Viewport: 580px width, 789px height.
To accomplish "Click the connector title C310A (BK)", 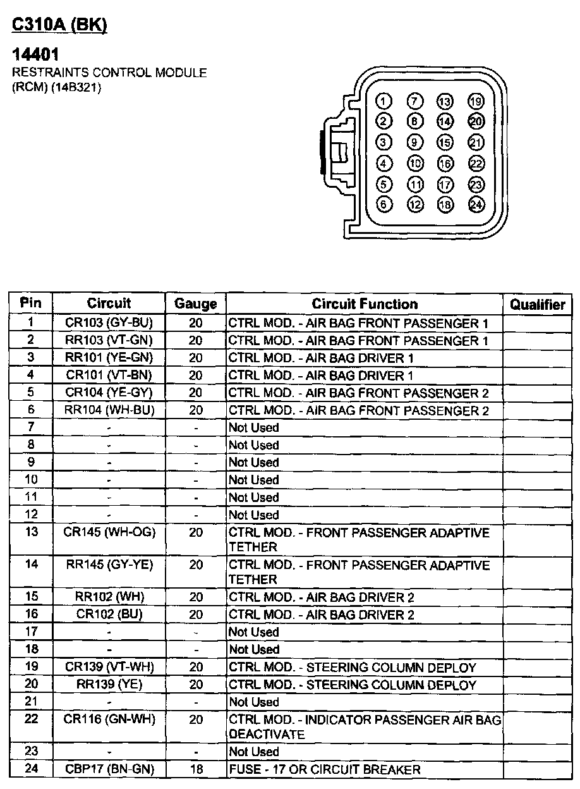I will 60,25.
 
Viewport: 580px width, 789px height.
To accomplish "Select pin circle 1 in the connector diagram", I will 384,101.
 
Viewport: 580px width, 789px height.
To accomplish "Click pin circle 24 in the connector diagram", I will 476,205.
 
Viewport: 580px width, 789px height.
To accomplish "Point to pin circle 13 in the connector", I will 445,101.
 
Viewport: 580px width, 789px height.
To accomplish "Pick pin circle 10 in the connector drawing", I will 414,163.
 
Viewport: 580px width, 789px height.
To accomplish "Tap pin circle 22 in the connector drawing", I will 476,163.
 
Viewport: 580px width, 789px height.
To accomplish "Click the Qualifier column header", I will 538,305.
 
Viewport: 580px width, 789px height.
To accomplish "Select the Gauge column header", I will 195,304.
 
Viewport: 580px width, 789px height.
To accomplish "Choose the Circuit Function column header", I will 365,304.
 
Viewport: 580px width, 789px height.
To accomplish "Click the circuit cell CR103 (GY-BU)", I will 109,323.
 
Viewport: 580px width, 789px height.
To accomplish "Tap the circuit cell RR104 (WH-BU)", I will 109,410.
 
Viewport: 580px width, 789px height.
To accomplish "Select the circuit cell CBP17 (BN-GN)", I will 109,769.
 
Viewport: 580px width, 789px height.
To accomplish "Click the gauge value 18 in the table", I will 196,769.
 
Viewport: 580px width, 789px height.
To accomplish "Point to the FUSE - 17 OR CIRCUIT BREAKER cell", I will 325,769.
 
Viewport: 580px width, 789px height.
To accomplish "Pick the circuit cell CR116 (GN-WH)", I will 109,719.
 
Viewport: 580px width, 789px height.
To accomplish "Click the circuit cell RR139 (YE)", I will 109,685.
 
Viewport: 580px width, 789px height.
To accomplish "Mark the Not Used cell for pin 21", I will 253,702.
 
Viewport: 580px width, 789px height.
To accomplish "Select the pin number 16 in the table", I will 31,614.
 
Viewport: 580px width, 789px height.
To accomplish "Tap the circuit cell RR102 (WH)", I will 109,597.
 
